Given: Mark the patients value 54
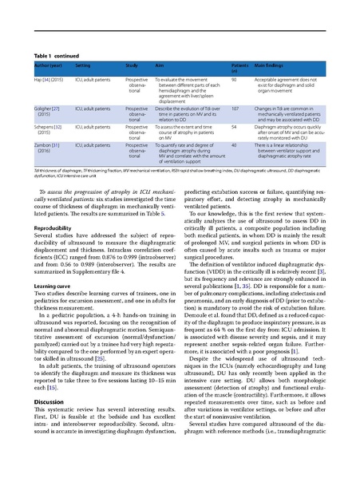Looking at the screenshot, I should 233,125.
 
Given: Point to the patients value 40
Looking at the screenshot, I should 233,145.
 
